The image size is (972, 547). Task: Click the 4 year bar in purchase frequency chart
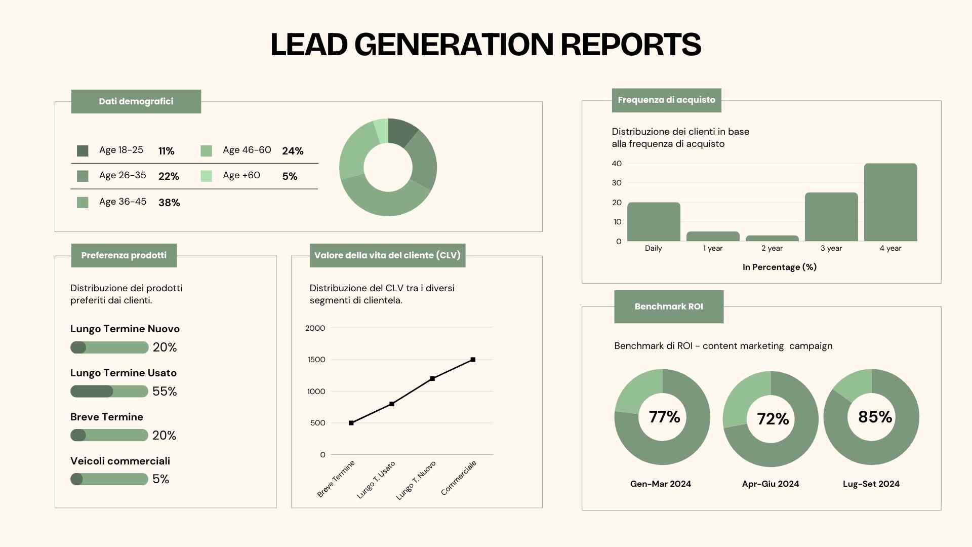(890, 202)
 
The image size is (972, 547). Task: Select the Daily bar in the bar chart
(654, 222)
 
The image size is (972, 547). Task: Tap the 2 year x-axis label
(772, 248)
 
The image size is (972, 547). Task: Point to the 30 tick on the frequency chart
(617, 183)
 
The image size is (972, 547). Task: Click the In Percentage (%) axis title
(779, 267)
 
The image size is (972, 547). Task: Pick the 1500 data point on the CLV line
(473, 360)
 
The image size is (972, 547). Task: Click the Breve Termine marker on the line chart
(351, 423)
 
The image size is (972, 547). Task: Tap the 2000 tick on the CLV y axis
(315, 328)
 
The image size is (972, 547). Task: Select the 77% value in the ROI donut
(664, 417)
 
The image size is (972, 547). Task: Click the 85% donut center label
(875, 417)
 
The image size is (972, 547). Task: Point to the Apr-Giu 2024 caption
(770, 484)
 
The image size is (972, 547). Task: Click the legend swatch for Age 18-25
(83, 151)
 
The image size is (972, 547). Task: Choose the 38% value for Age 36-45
(169, 203)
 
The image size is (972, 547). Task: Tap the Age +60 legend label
(241, 175)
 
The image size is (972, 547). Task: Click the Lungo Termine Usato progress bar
(109, 391)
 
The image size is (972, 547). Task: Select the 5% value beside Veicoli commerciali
(160, 479)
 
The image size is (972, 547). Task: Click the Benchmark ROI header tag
(669, 306)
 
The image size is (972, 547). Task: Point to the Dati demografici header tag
(136, 101)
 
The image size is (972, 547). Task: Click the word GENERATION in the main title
(454, 45)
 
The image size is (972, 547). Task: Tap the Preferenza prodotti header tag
(124, 255)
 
